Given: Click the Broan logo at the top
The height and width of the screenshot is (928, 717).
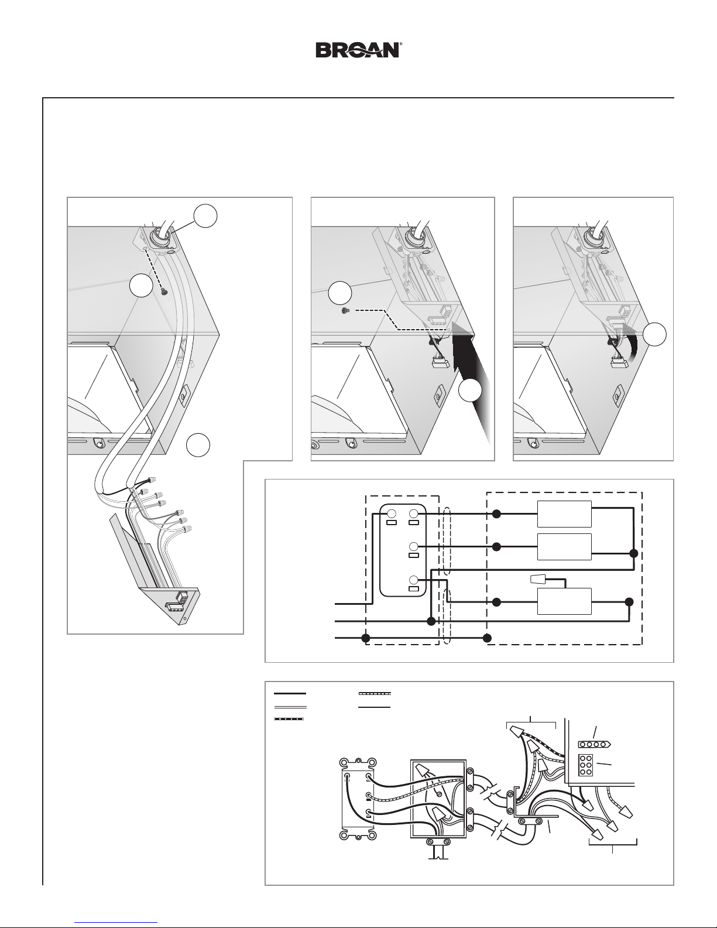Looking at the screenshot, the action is (358, 50).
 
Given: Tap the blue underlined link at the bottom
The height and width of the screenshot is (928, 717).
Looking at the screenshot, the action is (116, 922).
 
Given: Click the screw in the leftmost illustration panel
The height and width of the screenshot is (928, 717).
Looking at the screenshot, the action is (163, 292).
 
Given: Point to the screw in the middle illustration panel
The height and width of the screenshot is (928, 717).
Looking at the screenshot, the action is (344, 311).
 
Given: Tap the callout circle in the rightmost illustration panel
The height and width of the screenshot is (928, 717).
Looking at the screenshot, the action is (655, 334).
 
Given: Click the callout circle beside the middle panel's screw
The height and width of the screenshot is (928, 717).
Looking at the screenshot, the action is (339, 293).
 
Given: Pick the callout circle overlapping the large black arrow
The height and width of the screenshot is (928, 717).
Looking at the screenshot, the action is (471, 391).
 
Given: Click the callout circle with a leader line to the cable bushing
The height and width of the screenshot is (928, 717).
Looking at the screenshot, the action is (205, 216).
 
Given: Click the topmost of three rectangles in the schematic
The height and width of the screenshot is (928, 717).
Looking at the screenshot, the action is (564, 514).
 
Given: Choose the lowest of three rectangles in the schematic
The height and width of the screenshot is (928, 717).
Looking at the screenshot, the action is (564, 601).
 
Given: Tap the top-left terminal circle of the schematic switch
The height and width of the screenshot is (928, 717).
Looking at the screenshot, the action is (392, 513).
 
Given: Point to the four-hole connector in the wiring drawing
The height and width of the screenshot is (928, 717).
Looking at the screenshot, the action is (594, 744).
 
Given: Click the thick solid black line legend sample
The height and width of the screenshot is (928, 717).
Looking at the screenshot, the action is (290, 693).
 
